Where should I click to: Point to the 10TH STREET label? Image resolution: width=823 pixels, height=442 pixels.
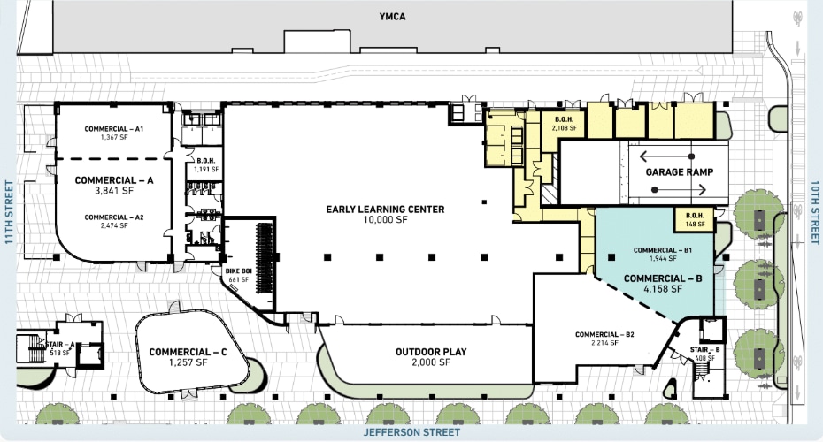[x=813, y=211]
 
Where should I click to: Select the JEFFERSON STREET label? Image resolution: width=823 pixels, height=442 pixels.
[x=411, y=433]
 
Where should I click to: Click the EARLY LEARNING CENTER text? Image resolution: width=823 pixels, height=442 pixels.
[x=385, y=210]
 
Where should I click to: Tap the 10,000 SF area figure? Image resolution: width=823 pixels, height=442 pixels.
[x=385, y=220]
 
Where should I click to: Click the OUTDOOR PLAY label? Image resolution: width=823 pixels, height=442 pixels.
[x=431, y=352]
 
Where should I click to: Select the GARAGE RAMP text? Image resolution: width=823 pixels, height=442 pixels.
[x=680, y=171]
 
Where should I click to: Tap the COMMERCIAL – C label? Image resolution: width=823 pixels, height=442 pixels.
[x=188, y=352]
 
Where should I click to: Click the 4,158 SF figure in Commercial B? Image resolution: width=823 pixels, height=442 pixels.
[x=663, y=289]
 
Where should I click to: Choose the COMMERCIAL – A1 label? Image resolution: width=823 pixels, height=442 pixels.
[x=114, y=129]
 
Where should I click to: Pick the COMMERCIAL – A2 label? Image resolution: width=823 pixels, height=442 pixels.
[x=114, y=217]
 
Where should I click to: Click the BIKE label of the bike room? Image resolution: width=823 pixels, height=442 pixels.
[x=232, y=272]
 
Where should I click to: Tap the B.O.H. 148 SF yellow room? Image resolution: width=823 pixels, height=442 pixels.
[x=694, y=219]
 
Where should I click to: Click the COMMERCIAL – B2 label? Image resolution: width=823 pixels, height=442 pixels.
[x=604, y=334]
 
